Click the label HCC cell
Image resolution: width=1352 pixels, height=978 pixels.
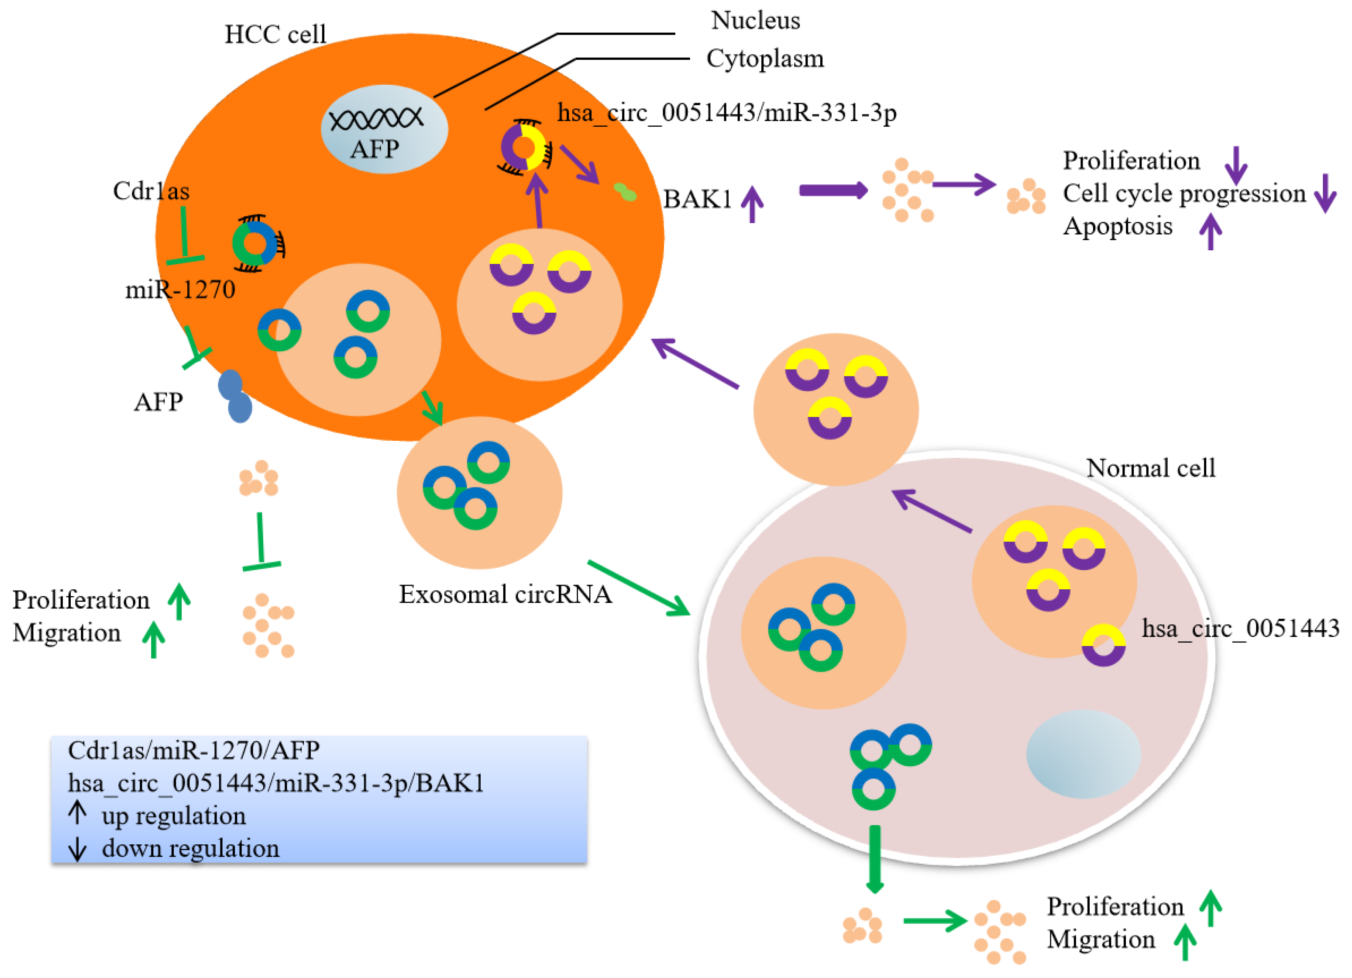[275, 35]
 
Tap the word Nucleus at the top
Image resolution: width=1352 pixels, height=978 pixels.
[755, 21]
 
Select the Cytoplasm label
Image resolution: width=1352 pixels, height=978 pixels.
[765, 59]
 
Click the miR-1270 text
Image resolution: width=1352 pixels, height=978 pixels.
[180, 290]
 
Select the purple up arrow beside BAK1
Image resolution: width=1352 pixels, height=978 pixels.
[752, 204]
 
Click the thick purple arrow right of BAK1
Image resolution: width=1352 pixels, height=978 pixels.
[832, 191]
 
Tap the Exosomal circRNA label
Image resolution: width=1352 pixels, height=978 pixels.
[505, 594]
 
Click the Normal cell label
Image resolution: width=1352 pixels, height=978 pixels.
[1150, 468]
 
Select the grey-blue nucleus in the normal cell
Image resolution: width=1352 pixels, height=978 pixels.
[1083, 754]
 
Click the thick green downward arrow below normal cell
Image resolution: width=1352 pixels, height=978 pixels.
[874, 859]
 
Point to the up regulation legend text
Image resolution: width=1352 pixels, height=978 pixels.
[173, 816]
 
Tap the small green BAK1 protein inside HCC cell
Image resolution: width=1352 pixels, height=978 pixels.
[625, 192]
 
